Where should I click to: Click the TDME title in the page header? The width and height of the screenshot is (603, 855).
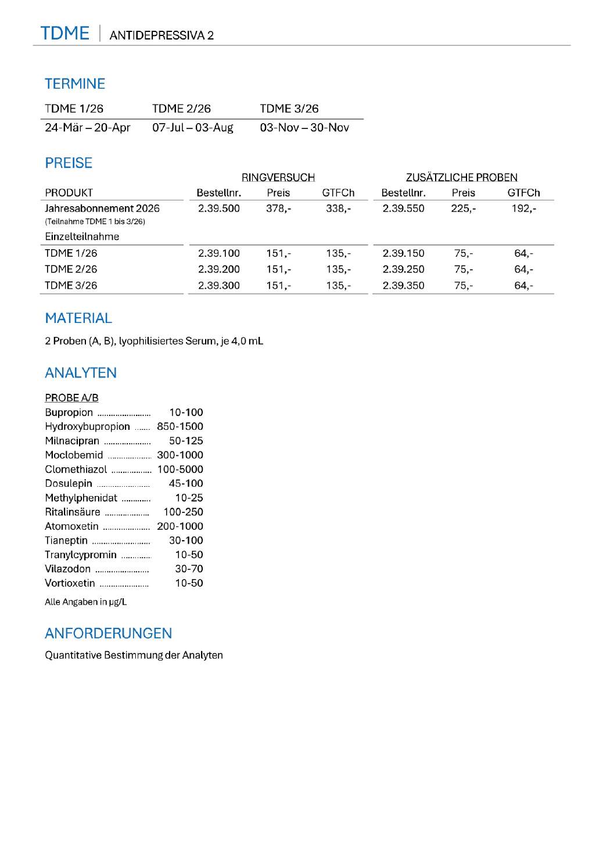(x=64, y=34)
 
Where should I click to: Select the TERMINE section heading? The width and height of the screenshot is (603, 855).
(x=75, y=84)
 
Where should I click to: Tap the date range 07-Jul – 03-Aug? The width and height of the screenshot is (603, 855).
(x=192, y=128)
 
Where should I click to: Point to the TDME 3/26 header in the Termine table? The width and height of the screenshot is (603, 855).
(x=289, y=109)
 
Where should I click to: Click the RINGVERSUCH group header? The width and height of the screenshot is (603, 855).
(x=278, y=177)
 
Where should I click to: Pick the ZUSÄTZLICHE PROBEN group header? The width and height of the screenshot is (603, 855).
(x=461, y=177)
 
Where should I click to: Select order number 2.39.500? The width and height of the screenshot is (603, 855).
(x=218, y=209)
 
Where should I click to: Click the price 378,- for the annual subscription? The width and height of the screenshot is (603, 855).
(x=278, y=209)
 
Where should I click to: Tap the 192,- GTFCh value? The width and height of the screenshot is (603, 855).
(x=523, y=209)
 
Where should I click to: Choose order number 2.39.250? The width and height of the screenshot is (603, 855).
(x=403, y=270)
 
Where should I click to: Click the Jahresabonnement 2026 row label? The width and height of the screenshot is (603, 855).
(x=102, y=209)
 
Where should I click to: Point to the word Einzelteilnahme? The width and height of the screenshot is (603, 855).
(x=82, y=237)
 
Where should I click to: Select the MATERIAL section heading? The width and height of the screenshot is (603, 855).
(x=78, y=318)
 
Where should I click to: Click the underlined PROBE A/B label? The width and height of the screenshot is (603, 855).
(x=71, y=398)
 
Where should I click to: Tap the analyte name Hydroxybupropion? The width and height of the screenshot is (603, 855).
(x=87, y=426)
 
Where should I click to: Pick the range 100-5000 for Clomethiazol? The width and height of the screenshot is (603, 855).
(x=180, y=469)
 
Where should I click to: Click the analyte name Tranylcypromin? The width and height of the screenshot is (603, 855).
(x=81, y=555)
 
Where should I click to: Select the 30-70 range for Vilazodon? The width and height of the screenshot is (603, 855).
(x=189, y=569)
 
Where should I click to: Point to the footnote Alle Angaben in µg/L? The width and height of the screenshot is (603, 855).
(x=85, y=602)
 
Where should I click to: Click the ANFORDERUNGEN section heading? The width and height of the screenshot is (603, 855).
(x=109, y=634)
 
